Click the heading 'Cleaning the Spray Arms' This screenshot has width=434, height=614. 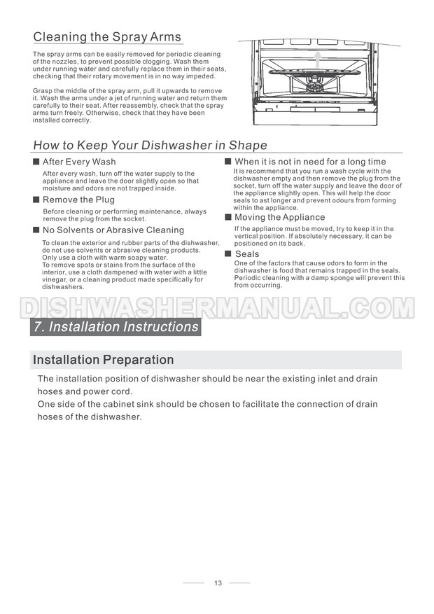click(x=107, y=37)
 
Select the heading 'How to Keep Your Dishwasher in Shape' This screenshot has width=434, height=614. click(x=150, y=146)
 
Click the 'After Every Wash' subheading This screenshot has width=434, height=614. click(x=79, y=162)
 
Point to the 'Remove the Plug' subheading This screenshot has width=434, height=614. click(x=78, y=200)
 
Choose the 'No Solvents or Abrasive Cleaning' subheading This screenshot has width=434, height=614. click(x=113, y=230)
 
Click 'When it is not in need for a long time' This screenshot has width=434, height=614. click(x=310, y=162)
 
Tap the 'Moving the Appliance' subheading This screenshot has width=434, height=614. click(x=279, y=218)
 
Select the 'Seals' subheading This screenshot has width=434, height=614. click(x=247, y=254)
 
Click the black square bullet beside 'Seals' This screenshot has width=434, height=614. click(x=228, y=253)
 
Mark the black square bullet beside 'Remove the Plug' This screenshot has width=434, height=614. click(x=36, y=200)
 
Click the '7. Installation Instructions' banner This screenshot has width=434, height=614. click(x=116, y=327)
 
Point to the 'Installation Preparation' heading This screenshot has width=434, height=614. click(x=104, y=361)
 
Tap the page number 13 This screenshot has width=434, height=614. click(x=218, y=582)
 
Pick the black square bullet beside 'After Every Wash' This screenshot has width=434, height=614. click(x=36, y=162)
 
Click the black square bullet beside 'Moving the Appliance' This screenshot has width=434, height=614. click(x=228, y=218)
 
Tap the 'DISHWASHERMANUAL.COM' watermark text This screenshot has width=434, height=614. click(x=217, y=307)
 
